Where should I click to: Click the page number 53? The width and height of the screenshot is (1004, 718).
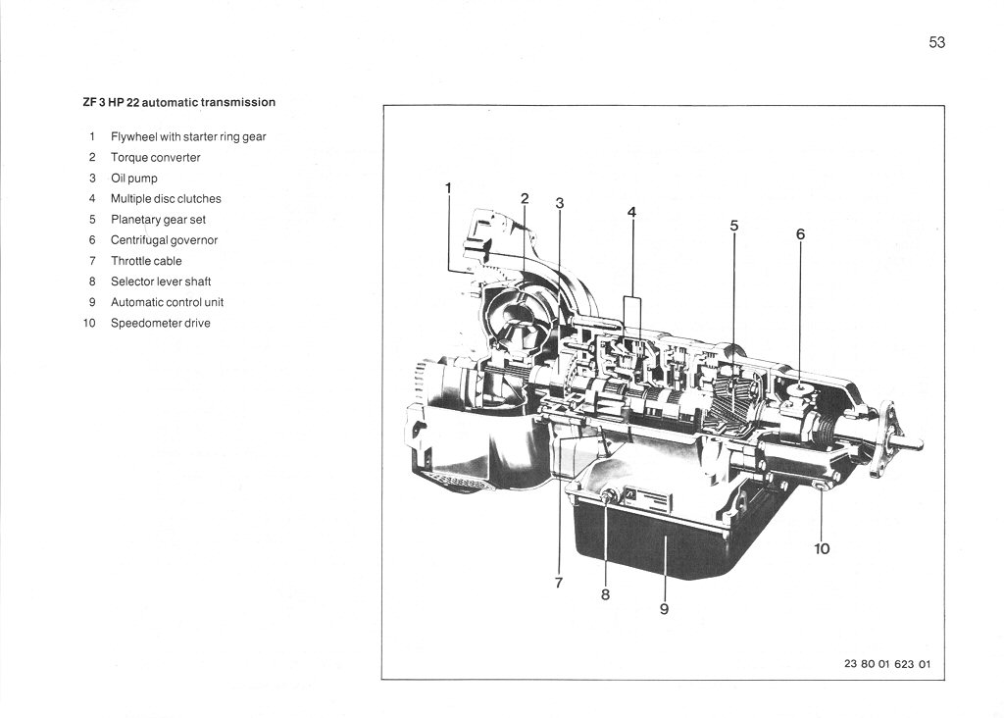936,42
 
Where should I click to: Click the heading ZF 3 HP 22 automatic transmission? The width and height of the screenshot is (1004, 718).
179,102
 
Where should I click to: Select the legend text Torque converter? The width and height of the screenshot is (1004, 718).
155,157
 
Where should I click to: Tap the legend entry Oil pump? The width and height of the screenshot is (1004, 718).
133,179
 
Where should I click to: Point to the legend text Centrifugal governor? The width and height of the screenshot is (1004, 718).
164,240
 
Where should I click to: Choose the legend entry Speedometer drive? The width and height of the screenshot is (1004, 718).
160,323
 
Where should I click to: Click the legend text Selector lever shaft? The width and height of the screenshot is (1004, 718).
161,282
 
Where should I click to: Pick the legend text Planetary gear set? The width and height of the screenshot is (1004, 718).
158,220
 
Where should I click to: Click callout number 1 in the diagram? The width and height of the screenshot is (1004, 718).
448,187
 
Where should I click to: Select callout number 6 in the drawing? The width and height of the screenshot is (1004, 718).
800,234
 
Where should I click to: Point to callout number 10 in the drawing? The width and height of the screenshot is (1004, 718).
822,548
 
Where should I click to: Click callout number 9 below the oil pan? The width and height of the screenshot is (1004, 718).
664,609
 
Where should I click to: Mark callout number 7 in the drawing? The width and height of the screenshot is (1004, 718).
559,583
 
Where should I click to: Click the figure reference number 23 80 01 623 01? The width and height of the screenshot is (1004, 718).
886,664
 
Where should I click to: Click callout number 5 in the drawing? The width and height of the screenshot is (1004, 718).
733,226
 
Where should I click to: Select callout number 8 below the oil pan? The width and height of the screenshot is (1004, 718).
605,593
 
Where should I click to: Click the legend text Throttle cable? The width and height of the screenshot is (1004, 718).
146,261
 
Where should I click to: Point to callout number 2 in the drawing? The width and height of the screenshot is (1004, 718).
525,198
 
